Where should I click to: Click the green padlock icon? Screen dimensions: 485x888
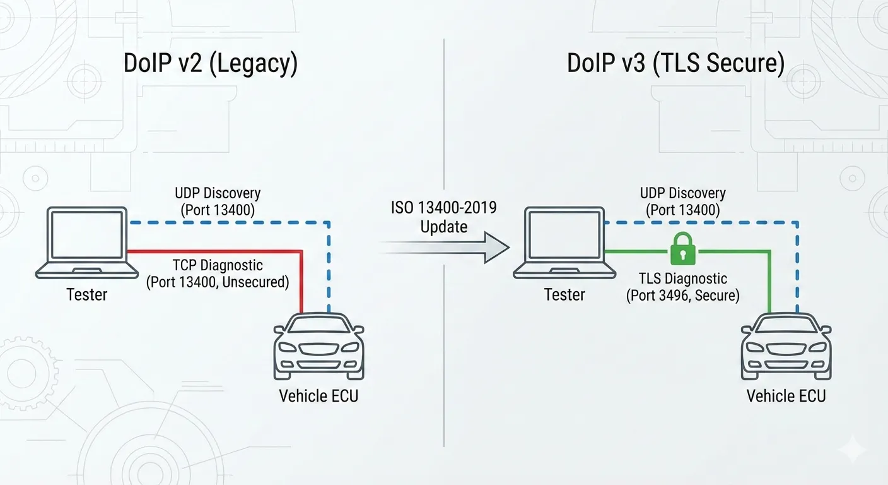point(684,249)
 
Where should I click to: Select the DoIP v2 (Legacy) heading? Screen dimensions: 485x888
point(211,64)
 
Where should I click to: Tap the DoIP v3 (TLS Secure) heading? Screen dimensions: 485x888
point(676,64)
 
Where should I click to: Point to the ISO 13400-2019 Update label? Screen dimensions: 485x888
point(444,217)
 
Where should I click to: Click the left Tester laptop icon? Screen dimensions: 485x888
point(87,244)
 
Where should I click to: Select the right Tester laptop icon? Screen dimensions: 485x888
point(564,244)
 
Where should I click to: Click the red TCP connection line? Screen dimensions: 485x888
point(214,251)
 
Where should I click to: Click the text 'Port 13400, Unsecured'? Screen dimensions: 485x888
point(218,282)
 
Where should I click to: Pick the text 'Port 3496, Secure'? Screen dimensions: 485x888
point(683,295)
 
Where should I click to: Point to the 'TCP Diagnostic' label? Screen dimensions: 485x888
point(218,266)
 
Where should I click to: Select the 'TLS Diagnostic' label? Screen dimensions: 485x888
point(683,278)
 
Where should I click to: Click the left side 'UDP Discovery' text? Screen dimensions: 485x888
point(218,193)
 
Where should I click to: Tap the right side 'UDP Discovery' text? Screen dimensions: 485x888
point(683,193)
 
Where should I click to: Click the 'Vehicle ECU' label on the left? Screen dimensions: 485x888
point(318,396)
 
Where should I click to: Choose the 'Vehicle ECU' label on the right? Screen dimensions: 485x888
point(786,396)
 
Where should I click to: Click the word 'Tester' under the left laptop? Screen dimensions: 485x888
point(87,294)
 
